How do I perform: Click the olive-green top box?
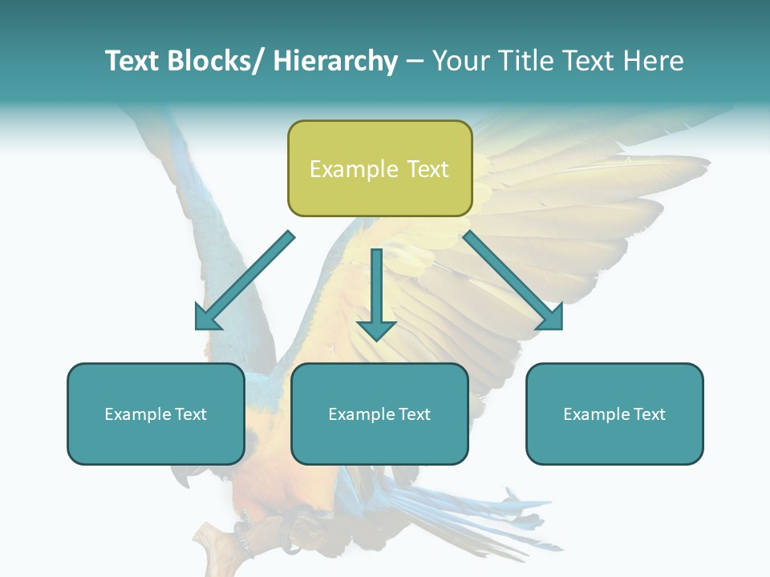coord(379,168)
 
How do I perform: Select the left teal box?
coord(156,414)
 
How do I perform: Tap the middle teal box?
coord(379,414)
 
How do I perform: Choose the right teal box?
coord(614,414)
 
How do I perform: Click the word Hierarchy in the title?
coord(335,61)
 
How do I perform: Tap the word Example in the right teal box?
coord(596,414)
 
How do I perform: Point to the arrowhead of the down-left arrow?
coord(206,318)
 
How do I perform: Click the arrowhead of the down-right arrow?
coord(551,318)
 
